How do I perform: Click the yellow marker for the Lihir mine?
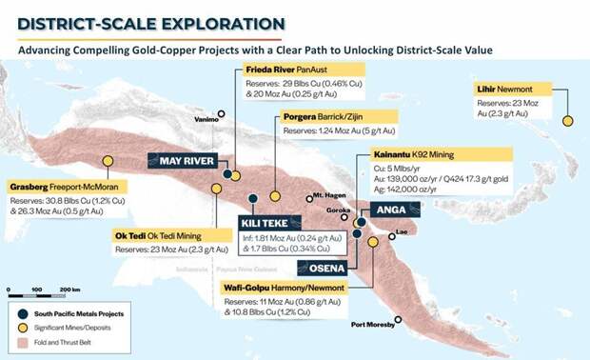[x=568, y=121]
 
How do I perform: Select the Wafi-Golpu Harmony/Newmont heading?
[x=286, y=286]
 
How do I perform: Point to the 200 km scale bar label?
[x=69, y=289]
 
